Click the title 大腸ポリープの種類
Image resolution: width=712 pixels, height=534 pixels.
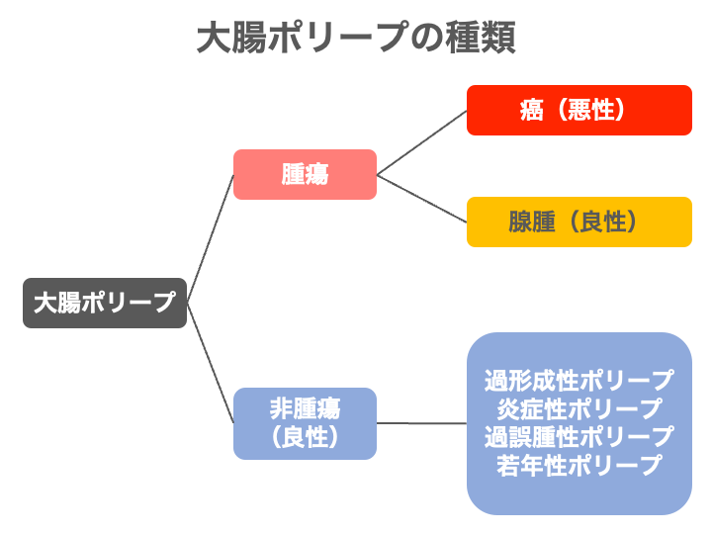(356, 38)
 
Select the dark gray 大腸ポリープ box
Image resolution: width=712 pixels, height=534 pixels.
(105, 303)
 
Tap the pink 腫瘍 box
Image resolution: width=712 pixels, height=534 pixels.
(305, 174)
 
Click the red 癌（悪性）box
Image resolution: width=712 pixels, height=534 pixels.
(579, 111)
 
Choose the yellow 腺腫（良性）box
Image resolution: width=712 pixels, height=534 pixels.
(579, 222)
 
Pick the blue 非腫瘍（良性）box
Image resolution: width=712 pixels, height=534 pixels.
(305, 423)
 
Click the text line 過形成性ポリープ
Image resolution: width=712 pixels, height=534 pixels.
(579, 381)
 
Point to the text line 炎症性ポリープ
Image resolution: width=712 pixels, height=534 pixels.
(579, 409)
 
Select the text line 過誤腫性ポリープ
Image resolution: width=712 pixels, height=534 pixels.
(579, 437)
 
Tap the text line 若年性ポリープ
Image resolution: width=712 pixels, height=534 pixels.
(579, 466)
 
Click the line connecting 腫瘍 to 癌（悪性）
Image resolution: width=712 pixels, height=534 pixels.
(422, 142)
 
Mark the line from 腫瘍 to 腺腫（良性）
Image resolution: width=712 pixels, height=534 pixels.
(422, 199)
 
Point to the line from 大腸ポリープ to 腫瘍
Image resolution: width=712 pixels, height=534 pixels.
(211, 238)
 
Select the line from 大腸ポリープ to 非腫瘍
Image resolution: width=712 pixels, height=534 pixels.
(211, 363)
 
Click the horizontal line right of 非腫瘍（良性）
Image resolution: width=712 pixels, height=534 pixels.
(422, 423)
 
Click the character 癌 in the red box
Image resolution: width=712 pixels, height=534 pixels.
(532, 111)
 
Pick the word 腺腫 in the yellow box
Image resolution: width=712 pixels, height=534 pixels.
(532, 222)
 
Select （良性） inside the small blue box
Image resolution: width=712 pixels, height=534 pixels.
(305, 437)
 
